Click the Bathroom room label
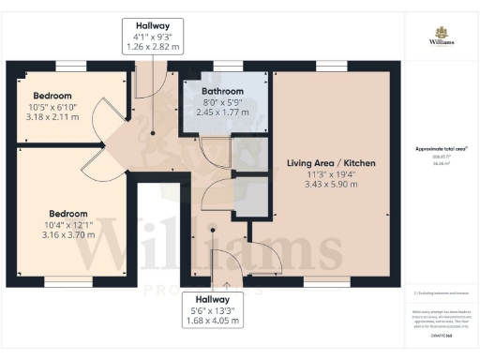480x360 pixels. pyautogui.click(x=221, y=90)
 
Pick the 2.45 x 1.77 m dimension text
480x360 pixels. pyautogui.click(x=221, y=112)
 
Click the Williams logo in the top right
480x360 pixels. pyautogui.click(x=441, y=37)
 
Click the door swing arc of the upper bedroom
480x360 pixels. pyautogui.click(x=112, y=117)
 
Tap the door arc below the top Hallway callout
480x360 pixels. pyautogui.click(x=150, y=84)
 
